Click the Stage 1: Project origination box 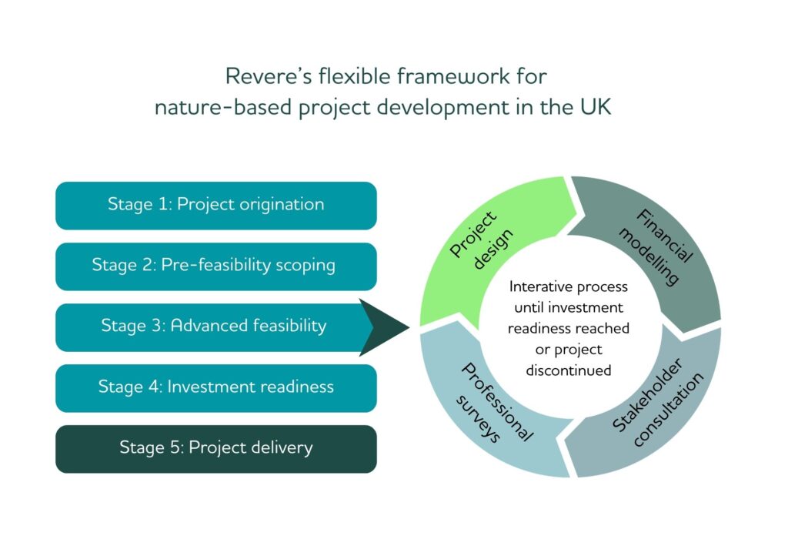tap(216, 206)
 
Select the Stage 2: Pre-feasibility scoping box tap(216, 266)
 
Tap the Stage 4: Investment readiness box tap(216, 388)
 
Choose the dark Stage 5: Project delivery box tap(216, 449)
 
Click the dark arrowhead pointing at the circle tap(381, 327)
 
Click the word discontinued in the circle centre tap(569, 370)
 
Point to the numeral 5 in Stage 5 tap(174, 447)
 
